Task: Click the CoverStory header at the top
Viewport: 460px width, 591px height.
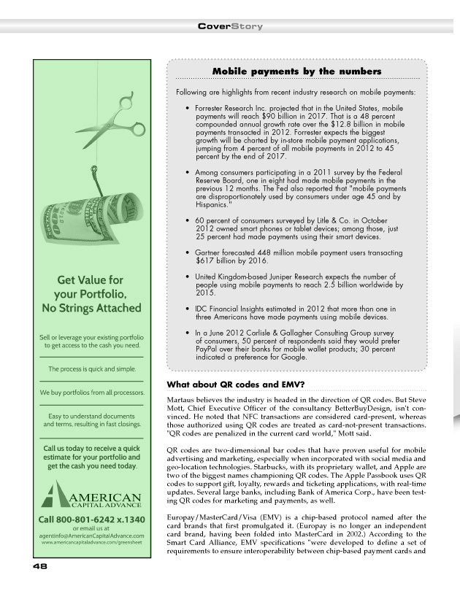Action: click(x=230, y=26)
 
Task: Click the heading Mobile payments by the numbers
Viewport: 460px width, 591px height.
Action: click(x=296, y=72)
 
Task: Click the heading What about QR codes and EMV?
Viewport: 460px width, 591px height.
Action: click(x=236, y=385)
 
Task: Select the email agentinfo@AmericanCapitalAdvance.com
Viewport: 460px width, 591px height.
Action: click(x=91, y=536)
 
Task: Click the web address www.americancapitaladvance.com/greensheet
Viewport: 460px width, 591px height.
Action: click(x=91, y=544)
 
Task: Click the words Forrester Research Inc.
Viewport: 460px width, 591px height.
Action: click(x=231, y=108)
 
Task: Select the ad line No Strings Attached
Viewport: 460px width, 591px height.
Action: click(x=91, y=308)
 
